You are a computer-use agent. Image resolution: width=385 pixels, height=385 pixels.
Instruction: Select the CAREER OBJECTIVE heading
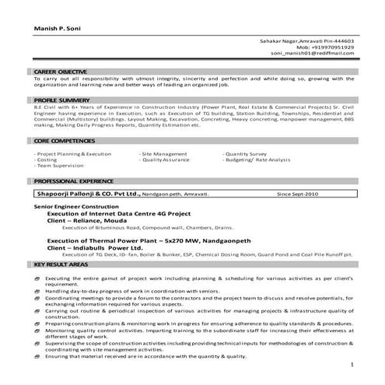(x=63, y=72)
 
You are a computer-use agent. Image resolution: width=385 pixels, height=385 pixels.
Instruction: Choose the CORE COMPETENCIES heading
(x=65, y=141)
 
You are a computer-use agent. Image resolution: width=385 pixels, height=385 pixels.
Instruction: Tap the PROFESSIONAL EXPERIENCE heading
(x=73, y=180)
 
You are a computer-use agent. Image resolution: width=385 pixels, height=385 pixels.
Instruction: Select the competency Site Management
(x=164, y=154)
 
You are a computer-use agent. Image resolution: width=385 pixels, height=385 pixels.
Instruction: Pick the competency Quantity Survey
(x=247, y=154)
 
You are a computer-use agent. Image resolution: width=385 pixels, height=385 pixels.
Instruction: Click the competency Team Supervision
(x=58, y=166)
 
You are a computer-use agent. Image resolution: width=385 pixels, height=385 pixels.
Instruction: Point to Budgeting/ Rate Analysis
(x=257, y=160)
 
